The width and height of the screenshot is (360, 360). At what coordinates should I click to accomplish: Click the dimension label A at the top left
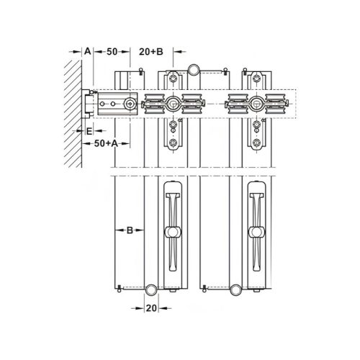coord(86,53)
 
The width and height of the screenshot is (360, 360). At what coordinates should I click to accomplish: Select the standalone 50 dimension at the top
coord(112,53)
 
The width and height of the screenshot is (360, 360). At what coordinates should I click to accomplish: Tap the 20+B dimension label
coord(152,53)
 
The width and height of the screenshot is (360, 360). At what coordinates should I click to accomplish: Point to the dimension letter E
coord(88,132)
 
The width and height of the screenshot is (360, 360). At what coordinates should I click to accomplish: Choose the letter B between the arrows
coord(130,231)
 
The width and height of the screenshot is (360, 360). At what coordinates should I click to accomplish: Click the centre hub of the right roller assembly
coord(256,104)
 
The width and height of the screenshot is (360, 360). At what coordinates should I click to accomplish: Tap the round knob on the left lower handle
coord(173,232)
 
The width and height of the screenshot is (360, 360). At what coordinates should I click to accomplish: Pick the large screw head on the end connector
coord(129,104)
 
